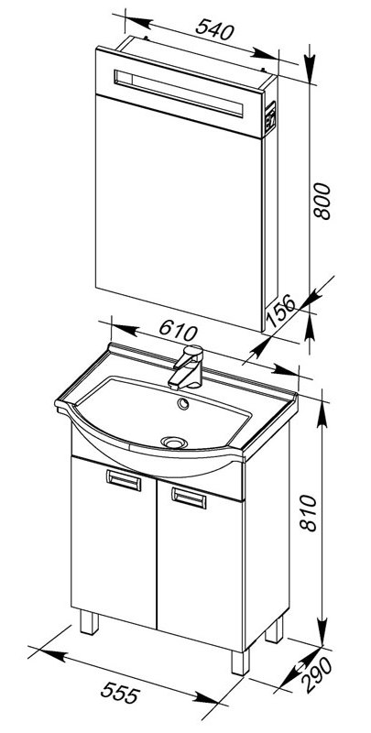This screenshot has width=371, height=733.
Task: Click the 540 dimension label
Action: click(x=214, y=30)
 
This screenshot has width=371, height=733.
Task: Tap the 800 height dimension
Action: click(x=322, y=202)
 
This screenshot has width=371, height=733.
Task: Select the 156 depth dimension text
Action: click(x=280, y=310)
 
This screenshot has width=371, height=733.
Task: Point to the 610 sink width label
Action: click(x=178, y=331)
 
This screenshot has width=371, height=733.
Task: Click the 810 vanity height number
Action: click(x=309, y=513)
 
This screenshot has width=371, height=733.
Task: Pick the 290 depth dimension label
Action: click(x=317, y=674)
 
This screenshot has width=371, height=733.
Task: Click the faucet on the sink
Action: click(x=187, y=367)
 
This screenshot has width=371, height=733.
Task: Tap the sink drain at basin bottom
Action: click(x=174, y=442)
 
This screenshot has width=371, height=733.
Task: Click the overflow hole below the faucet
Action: click(x=183, y=403)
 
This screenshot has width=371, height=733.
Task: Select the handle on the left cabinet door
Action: click(x=124, y=480)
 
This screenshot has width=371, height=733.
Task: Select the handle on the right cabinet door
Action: click(x=189, y=498)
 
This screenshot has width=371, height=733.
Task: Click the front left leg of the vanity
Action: click(x=89, y=623)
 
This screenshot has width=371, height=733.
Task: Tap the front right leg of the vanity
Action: click(x=240, y=662)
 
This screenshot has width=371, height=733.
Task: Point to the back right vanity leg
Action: click(x=274, y=629)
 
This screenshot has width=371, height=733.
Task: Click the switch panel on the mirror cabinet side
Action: click(x=270, y=116)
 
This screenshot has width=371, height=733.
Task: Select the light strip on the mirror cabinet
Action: click(x=179, y=93)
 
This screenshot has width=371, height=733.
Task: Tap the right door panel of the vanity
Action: click(x=201, y=565)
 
